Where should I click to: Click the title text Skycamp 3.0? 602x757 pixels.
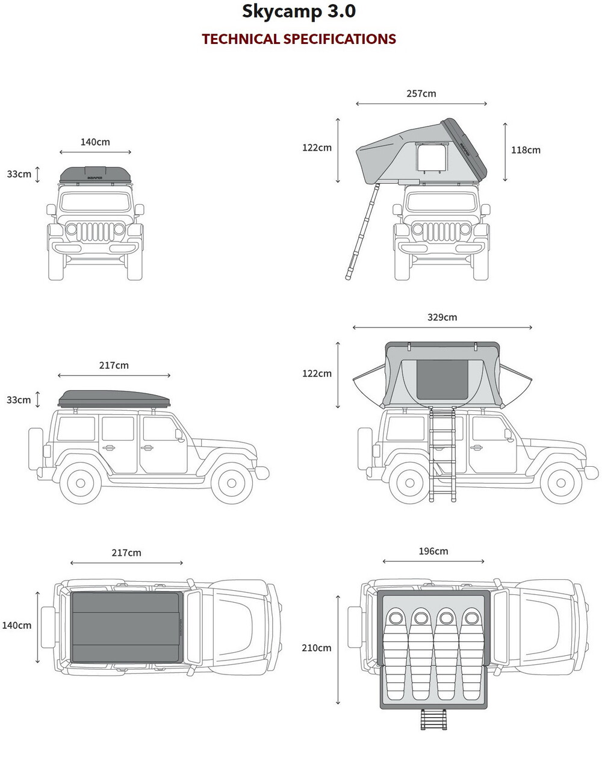pos(299,11)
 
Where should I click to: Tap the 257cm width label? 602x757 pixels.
pos(421,93)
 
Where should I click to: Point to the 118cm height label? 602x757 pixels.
pos(526,150)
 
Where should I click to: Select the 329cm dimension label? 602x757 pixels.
pos(442,317)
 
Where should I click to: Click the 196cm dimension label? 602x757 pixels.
pos(433,551)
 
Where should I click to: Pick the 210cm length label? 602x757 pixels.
pos(317,648)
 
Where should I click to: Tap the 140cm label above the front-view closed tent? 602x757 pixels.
pos(95,142)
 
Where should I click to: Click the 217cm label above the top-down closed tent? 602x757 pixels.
pos(126,552)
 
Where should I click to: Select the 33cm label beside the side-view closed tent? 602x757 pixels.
pos(19,400)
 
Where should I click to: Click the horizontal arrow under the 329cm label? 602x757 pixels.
pos(442,328)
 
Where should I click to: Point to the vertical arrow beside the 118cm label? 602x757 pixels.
pos(505,152)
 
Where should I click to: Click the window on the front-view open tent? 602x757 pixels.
pos(433,158)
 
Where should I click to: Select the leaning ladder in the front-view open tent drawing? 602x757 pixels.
pos(363,232)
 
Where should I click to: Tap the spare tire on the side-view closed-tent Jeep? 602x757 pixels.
pos(36,449)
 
